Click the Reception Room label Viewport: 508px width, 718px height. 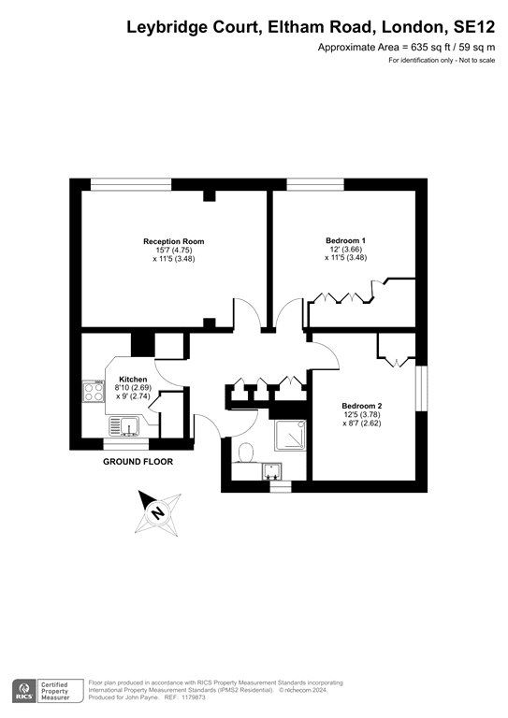tap(173, 241)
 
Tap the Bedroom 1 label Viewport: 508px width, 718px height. tap(345, 241)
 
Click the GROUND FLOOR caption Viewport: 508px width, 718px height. tap(138, 462)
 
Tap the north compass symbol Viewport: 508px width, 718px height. tap(156, 510)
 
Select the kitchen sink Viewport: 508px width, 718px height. tap(125, 428)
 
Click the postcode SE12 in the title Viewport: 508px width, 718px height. tap(468, 28)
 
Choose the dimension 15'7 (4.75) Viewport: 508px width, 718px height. tap(173, 250)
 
